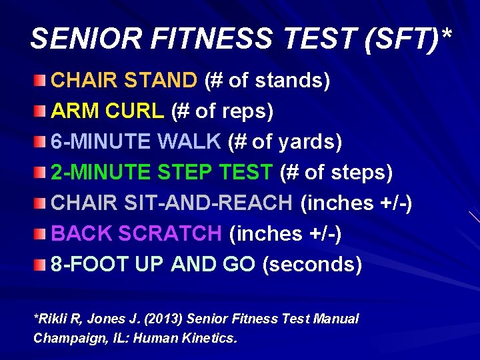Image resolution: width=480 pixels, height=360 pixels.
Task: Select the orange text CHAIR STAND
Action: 124,81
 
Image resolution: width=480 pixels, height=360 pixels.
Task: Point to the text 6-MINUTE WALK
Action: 136,142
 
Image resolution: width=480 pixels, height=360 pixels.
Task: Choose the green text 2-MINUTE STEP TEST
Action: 162,173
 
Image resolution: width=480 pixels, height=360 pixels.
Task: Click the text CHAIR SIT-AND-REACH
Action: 171,203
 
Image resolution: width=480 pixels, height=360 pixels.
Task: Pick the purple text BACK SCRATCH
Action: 136,234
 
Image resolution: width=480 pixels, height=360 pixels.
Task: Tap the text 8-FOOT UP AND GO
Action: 153,265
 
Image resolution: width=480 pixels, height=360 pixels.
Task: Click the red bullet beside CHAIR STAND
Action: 41,81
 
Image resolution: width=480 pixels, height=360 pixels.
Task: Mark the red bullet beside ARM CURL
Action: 41,112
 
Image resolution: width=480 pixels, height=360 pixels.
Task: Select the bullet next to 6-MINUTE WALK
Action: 41,143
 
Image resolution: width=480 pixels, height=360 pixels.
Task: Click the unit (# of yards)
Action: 285,142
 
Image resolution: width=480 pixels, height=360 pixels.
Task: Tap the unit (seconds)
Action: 312,265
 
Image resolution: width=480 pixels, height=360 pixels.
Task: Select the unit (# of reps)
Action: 222,111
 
